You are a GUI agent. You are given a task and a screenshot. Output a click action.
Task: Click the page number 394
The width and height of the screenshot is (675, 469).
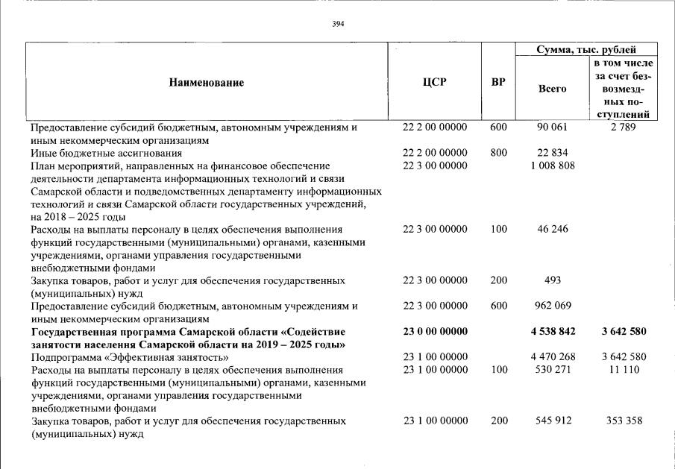point(338,24)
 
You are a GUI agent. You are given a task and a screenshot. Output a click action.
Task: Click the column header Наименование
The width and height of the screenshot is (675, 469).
point(207,83)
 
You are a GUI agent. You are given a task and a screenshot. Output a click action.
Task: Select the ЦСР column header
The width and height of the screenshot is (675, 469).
point(435,82)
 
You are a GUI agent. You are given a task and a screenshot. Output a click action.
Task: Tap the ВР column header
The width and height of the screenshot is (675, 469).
point(498,82)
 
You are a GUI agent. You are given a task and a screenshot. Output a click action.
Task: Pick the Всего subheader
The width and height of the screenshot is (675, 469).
point(552,89)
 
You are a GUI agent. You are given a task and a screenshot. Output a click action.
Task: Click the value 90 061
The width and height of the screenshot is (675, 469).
point(553,128)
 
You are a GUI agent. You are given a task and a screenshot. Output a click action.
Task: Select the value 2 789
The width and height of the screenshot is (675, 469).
point(624,128)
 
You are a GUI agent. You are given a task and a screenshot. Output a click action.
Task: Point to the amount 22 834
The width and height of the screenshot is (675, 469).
point(553,153)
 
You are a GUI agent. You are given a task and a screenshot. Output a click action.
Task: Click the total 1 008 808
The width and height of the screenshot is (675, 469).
point(553,166)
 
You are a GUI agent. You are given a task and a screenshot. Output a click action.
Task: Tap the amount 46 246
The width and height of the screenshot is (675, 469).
point(553,229)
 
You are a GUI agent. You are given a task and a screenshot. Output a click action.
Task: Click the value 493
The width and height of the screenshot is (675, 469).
point(553,280)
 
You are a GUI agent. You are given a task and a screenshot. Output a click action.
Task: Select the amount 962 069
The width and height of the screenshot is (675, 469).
point(553,306)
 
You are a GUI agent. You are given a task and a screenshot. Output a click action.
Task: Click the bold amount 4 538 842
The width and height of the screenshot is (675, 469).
point(553,331)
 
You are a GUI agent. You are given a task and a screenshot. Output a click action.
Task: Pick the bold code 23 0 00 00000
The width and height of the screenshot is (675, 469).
point(435,331)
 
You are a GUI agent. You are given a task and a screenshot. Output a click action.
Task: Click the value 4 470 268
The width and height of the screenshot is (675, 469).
point(553,356)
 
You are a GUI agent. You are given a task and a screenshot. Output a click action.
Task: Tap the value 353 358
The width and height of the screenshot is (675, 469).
point(624,421)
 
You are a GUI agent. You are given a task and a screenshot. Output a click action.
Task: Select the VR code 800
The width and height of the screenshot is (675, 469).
point(498,153)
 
